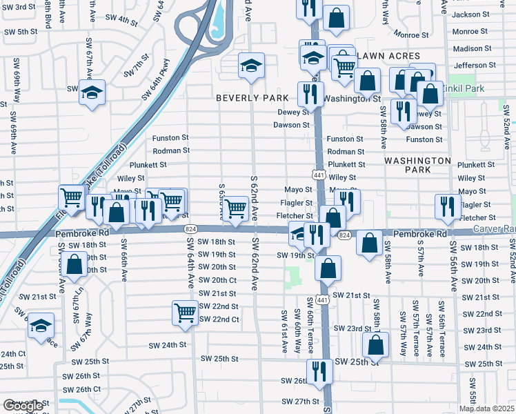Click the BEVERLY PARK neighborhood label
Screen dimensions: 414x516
252,98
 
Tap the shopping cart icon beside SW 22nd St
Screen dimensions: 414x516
185,313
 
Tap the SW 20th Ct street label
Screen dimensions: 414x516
218,279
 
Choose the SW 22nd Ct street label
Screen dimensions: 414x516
219,319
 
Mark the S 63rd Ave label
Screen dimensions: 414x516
221,200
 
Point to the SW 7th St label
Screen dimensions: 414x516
137,69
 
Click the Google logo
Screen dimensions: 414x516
23,406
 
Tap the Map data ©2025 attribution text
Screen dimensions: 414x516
486,408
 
